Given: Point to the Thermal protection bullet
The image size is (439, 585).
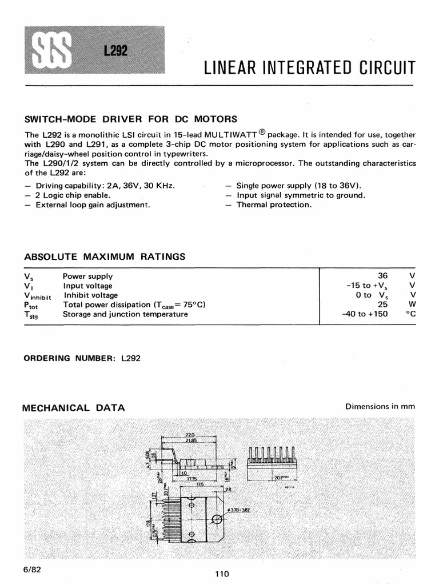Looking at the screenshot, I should pyautogui.click(x=274, y=205).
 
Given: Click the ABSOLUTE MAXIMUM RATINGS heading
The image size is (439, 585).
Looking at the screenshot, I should pyautogui.click(x=104, y=257).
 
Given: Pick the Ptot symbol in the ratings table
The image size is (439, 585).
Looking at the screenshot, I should pyautogui.click(x=30, y=305).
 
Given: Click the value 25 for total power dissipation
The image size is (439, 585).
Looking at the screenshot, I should pyautogui.click(x=383, y=304).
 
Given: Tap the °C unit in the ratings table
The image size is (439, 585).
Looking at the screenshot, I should pyautogui.click(x=409, y=314).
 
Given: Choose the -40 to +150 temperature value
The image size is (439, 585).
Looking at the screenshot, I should pyautogui.click(x=365, y=314).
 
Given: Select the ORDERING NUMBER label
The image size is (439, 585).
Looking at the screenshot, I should pyautogui.click(x=70, y=358).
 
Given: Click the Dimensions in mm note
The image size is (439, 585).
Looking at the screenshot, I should pyautogui.click(x=380, y=407).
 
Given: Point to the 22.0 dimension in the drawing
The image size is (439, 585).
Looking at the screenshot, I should pyautogui.click(x=189, y=435).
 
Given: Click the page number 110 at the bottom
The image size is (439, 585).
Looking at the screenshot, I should pyautogui.click(x=222, y=574).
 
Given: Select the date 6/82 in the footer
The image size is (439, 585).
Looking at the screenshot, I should pyautogui.click(x=32, y=570).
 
